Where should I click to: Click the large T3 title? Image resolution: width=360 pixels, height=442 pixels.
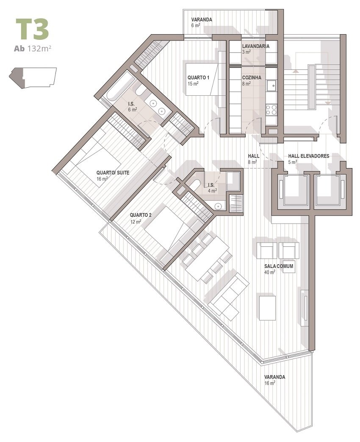point(32,29)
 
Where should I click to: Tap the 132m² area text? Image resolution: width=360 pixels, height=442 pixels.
point(39,49)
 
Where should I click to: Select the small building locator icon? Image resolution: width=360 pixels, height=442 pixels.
point(33,78)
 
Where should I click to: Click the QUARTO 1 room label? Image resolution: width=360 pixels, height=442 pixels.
point(199,77)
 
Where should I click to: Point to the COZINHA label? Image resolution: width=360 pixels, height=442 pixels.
point(252,77)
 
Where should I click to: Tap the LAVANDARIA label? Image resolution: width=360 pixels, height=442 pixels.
point(256,46)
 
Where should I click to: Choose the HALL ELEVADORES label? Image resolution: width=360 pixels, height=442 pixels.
point(309,156)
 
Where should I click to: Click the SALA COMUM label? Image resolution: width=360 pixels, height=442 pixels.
point(279,266)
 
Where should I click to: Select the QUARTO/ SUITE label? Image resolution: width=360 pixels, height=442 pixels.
point(113,172)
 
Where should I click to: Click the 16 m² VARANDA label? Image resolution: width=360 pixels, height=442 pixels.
point(274,377)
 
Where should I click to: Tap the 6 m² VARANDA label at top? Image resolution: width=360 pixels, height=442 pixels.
point(202,20)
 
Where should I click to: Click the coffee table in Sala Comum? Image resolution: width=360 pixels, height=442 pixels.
point(267,307)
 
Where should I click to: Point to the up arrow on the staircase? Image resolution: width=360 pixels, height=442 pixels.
point(296,71)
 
